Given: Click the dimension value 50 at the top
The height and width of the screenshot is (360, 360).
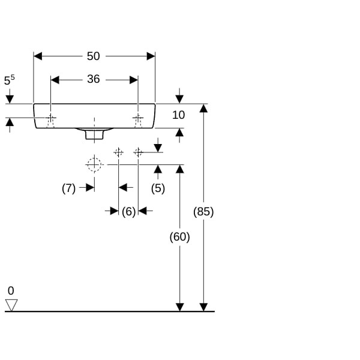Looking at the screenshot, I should [x=93, y=56].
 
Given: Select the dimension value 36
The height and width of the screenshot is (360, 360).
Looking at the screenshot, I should [x=93, y=79].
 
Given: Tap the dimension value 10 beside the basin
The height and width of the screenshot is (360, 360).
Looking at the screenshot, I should [x=178, y=115].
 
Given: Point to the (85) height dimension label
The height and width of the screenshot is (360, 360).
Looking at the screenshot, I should [x=203, y=211].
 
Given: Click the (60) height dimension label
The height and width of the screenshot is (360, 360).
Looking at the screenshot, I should [x=179, y=237].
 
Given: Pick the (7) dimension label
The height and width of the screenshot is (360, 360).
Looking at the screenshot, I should [x=69, y=188].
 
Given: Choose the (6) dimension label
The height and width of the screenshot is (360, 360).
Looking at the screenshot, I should [x=128, y=211].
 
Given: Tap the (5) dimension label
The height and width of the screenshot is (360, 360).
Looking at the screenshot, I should [x=158, y=188].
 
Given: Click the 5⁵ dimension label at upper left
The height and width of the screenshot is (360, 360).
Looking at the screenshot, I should [x=9, y=80].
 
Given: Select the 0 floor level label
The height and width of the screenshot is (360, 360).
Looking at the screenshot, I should [x=11, y=290].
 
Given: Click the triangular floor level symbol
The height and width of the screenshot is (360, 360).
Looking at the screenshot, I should [x=11, y=305].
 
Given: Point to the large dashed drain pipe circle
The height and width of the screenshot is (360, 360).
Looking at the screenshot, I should [x=94, y=164].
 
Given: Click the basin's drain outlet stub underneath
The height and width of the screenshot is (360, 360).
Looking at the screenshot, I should [x=94, y=134].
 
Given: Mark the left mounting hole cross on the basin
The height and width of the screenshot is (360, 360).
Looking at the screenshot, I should [x=51, y=118].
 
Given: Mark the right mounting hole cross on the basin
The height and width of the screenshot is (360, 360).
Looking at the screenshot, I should [x=138, y=118].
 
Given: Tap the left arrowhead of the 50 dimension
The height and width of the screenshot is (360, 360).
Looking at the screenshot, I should [x=38, y=56].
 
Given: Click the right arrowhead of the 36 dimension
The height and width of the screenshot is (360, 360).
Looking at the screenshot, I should [x=134, y=79].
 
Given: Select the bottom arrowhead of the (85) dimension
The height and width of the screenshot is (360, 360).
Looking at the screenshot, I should [x=203, y=307].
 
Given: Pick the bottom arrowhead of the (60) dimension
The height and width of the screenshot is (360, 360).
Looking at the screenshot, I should [x=179, y=307].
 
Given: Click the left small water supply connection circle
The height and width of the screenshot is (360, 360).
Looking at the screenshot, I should [x=118, y=152].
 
